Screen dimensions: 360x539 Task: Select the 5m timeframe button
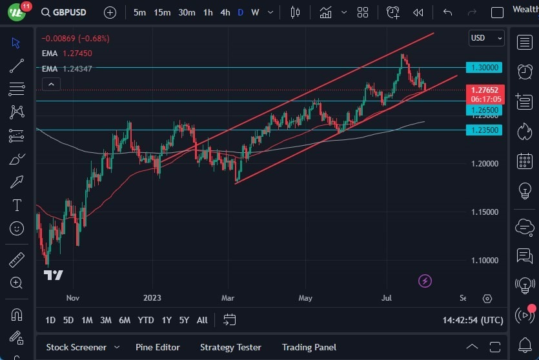[x=139, y=12]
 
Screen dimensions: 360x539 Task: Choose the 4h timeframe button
[x=225, y=12]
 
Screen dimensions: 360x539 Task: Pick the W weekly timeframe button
[x=256, y=12]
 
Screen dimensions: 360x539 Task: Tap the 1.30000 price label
[x=484, y=67]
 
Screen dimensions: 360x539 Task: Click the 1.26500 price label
[x=484, y=110]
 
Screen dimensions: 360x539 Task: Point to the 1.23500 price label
[x=484, y=130]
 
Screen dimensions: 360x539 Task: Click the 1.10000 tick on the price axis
[x=484, y=260]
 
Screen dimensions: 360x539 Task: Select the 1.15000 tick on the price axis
[x=484, y=212]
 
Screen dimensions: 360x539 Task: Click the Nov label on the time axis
[x=72, y=298]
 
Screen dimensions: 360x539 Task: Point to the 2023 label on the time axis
[x=152, y=298]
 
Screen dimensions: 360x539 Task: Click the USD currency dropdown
[x=486, y=38]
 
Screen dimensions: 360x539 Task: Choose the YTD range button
[x=146, y=320]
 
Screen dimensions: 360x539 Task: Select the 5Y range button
[x=184, y=320]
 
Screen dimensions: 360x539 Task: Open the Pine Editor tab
[x=158, y=347]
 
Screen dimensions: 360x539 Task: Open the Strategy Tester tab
[x=230, y=347]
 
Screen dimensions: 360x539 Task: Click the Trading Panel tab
[x=309, y=347]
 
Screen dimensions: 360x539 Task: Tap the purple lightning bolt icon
[x=425, y=281]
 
